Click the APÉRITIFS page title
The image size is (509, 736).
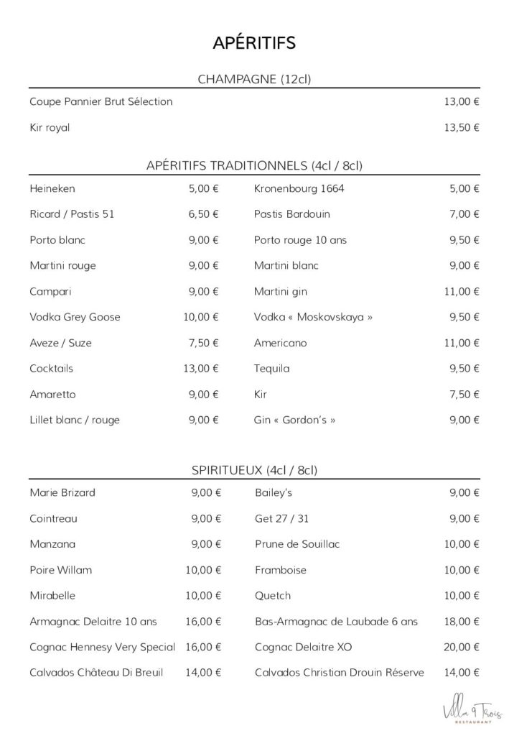254,43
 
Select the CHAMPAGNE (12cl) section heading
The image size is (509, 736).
254,79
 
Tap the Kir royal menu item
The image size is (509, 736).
50,128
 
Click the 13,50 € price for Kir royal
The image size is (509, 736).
462,128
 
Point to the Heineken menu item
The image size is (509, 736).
52,189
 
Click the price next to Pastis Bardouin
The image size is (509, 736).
465,214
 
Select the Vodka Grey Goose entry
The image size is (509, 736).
75,317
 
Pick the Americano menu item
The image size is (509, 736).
280,343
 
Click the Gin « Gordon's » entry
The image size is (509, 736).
294,420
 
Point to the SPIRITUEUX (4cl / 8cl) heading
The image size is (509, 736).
254,471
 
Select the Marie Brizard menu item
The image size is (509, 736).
62,493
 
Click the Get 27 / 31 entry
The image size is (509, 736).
281,519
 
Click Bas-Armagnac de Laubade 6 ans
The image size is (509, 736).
336,621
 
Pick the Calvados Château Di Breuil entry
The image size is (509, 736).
96,673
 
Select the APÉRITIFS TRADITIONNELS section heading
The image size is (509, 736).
254,166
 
